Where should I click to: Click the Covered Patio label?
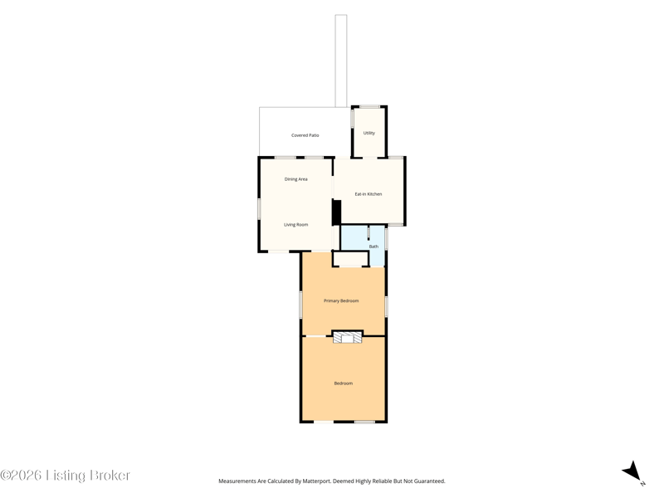point(305,135)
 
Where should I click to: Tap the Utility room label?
point(369,133)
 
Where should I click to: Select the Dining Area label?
point(296,179)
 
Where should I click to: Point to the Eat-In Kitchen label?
point(368,194)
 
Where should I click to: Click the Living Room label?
point(296,225)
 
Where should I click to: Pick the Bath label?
point(373,247)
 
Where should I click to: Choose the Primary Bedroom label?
point(341,300)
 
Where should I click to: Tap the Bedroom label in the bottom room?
point(343,383)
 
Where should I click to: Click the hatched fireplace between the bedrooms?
point(347,337)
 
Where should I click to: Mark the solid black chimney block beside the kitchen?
point(336,212)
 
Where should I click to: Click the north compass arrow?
point(632,471)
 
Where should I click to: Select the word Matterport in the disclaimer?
point(315,481)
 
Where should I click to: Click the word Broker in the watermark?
point(110,475)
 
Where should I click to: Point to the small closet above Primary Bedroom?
point(350,259)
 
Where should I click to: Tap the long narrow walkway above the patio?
point(341,61)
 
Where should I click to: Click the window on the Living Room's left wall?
point(259,209)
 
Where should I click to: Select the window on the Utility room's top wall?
point(369,107)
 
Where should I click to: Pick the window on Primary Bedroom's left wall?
point(300,304)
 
